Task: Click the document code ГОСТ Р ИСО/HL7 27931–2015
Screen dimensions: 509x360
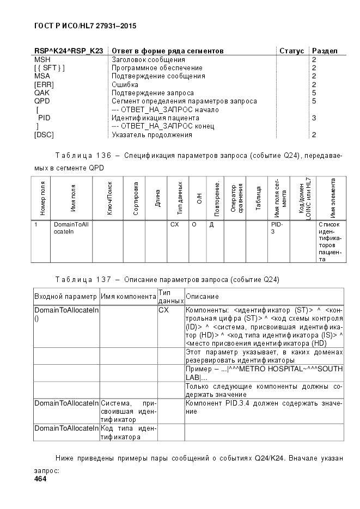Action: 85,26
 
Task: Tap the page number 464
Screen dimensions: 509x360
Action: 40,479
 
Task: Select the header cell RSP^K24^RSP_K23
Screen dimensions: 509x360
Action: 69,51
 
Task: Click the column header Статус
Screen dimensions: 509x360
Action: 291,51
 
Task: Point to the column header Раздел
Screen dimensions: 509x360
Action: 325,51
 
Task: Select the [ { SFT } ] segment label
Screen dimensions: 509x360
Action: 49,68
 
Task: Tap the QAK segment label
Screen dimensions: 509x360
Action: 42,93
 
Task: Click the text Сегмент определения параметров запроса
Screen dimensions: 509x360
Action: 184,101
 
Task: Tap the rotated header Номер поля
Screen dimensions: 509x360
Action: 43,198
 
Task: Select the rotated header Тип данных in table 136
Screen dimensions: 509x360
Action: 179,198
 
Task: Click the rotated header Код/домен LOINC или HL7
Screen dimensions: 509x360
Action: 303,198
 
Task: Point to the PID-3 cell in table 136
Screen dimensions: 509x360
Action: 276,228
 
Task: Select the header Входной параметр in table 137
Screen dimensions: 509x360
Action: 66,296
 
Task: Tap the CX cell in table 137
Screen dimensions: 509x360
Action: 164,310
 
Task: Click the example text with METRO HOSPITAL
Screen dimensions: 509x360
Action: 264,373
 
